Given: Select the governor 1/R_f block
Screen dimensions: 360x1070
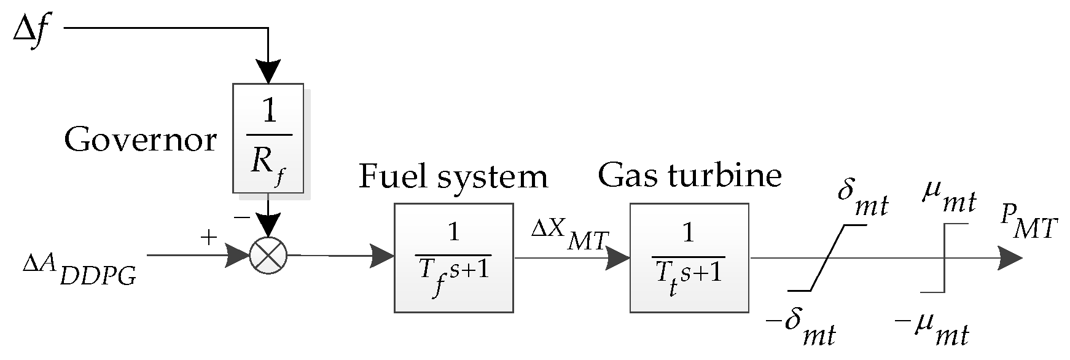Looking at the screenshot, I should (268, 138).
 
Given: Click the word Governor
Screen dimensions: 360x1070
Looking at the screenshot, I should (141, 141).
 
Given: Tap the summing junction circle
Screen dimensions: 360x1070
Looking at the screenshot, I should (268, 255).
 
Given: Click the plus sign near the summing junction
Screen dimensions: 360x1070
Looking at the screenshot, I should (209, 238).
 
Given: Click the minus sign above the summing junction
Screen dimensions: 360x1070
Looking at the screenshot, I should (241, 217).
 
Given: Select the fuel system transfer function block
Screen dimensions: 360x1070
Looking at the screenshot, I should (453, 258).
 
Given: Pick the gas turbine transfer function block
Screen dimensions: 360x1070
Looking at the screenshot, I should (689, 258).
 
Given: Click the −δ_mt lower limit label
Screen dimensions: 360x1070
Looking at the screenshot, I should (802, 329).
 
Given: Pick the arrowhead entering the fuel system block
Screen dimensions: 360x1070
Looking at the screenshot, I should (382, 255).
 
